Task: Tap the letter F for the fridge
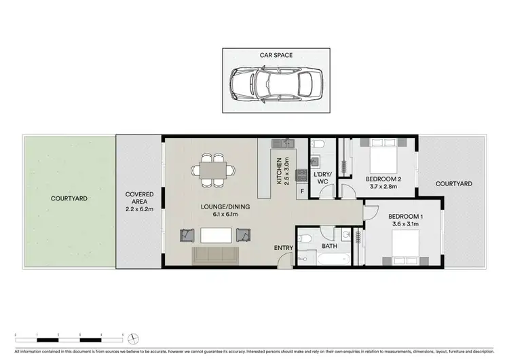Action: (302, 192)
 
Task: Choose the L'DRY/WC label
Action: (321, 178)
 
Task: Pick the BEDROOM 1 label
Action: (405, 217)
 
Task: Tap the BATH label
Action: (330, 245)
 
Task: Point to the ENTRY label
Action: (283, 248)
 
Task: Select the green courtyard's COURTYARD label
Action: (69, 198)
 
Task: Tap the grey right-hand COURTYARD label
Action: (453, 183)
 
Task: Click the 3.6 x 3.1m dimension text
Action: (405, 225)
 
